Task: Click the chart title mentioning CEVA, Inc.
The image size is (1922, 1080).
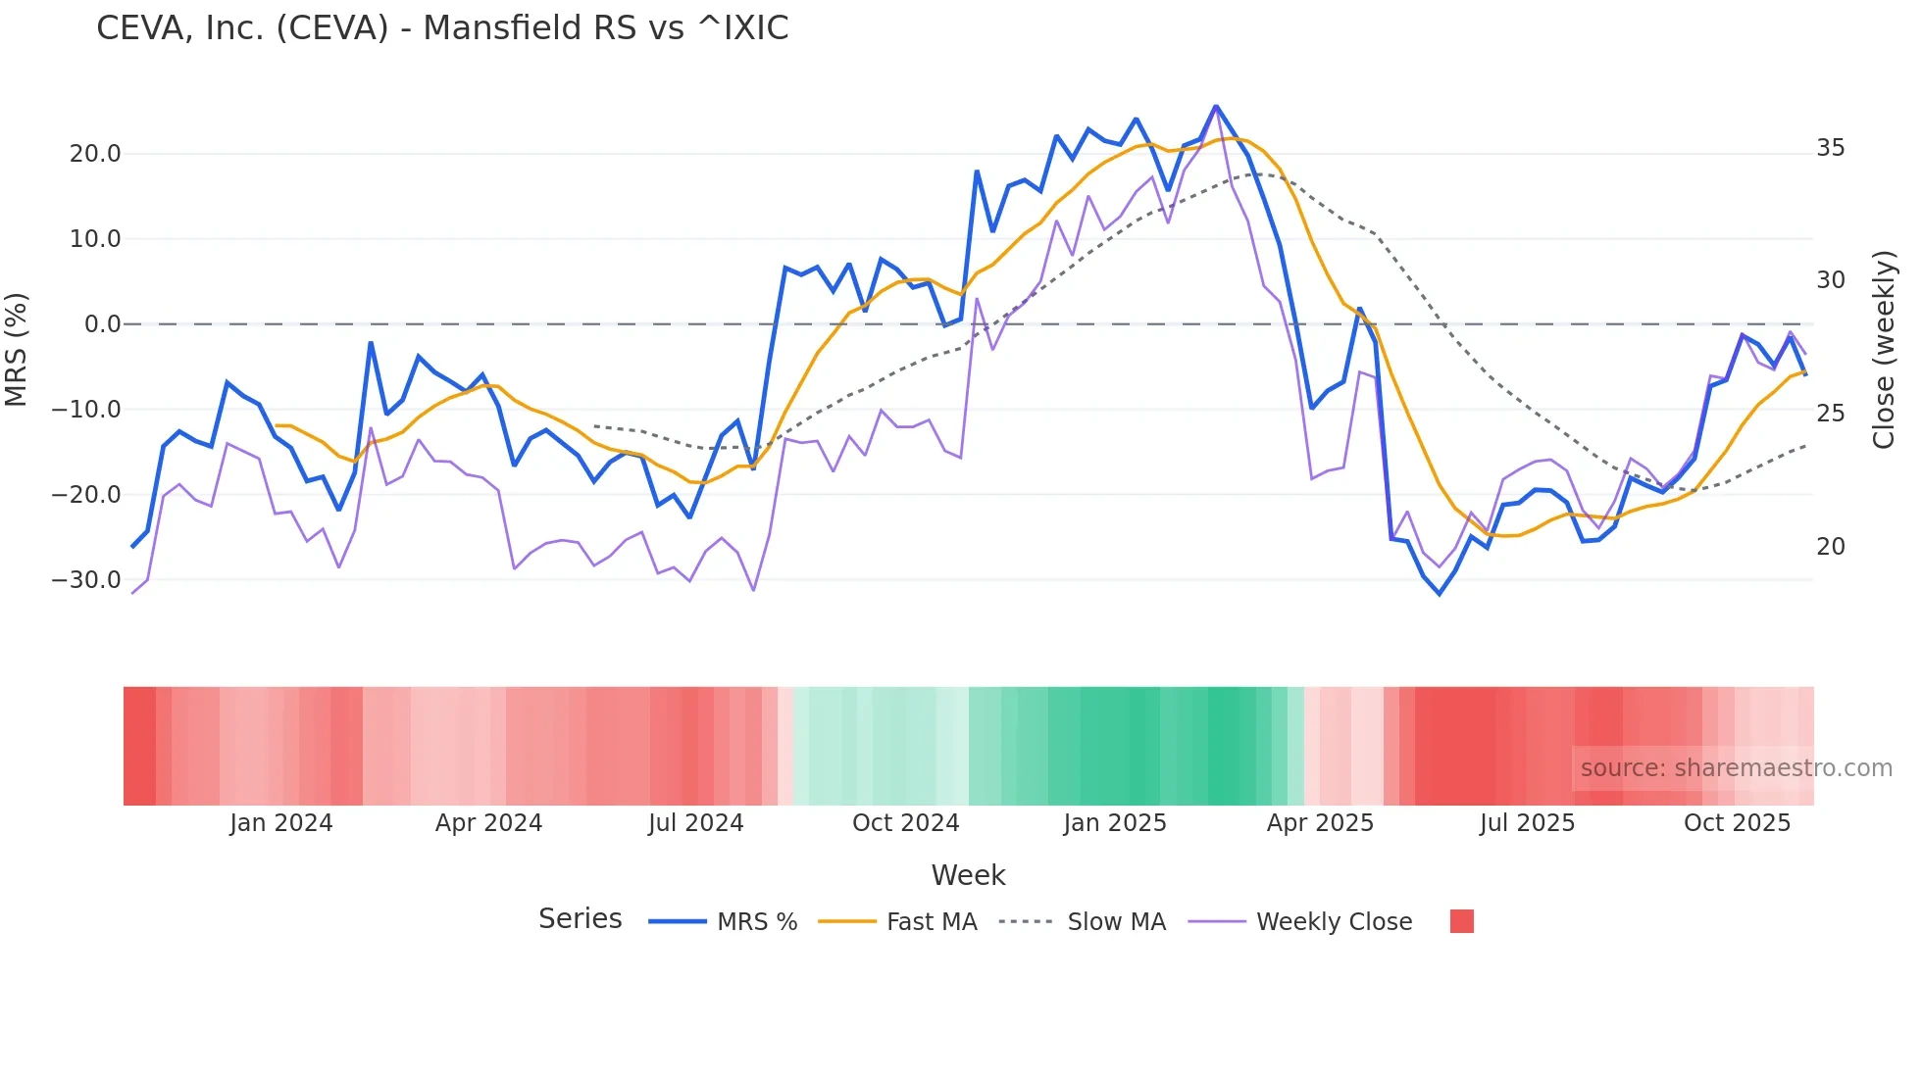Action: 442,28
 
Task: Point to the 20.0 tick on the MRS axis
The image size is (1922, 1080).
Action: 95,154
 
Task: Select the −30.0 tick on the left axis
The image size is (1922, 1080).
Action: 86,580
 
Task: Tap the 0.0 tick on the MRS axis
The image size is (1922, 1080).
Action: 102,324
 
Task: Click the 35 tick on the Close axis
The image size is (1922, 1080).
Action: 1830,148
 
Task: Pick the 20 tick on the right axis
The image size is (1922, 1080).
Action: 1830,547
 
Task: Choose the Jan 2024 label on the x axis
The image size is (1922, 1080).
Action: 281,823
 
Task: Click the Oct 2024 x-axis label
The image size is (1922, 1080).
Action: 905,823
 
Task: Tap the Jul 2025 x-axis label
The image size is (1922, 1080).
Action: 1527,823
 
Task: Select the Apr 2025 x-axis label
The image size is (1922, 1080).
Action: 1320,823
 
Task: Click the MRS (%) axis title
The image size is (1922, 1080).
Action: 17,350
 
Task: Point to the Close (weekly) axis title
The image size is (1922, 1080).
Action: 1883,350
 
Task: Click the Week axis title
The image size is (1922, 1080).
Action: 968,875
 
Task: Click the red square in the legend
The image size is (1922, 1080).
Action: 1461,921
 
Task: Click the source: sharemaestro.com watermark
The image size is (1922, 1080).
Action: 1736,768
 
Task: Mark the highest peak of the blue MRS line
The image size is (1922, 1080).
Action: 1216,106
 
